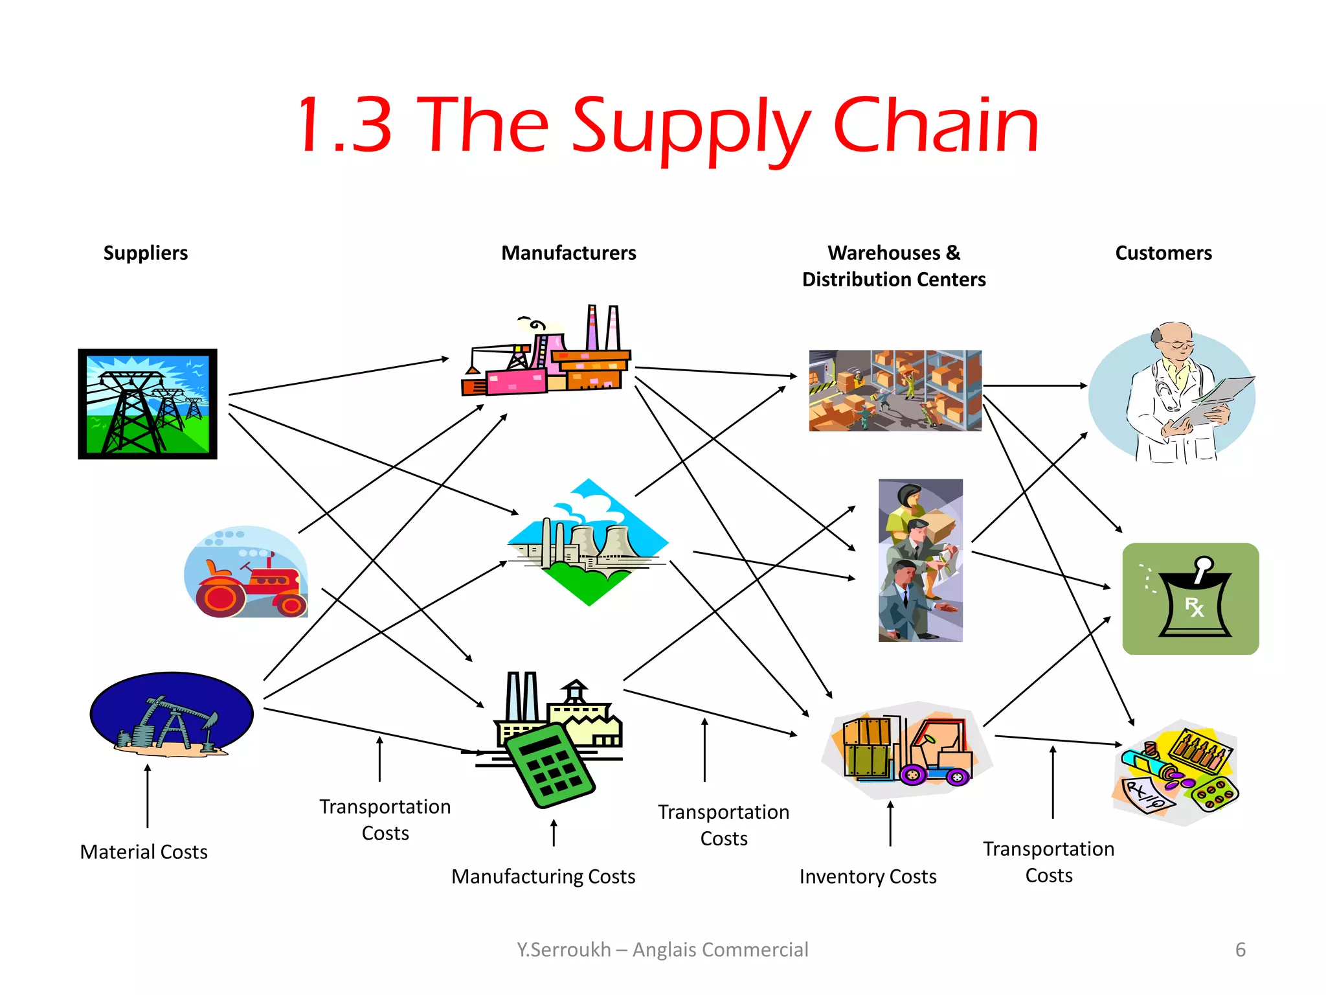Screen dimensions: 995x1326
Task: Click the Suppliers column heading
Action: (x=146, y=253)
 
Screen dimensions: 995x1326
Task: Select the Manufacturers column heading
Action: (x=568, y=253)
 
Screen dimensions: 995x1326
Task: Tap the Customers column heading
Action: (x=1163, y=253)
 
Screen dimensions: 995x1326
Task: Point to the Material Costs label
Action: (x=144, y=852)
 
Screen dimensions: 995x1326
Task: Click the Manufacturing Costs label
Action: (x=543, y=876)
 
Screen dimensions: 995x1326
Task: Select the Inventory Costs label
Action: (x=868, y=876)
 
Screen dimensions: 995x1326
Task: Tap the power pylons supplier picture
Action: (x=148, y=404)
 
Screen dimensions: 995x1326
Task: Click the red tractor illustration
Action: (x=247, y=573)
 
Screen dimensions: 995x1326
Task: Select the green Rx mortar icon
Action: (x=1190, y=599)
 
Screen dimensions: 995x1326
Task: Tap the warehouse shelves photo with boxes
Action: (x=895, y=391)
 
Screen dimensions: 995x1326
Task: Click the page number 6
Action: (x=1240, y=950)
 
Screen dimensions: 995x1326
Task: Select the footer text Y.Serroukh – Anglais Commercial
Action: (x=662, y=950)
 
